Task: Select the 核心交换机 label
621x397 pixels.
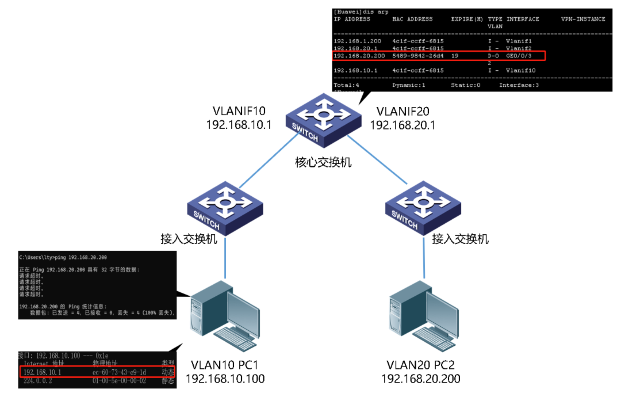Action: click(x=323, y=163)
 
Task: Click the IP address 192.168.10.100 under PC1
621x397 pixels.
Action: click(x=225, y=379)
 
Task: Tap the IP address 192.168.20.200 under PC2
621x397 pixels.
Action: click(x=421, y=379)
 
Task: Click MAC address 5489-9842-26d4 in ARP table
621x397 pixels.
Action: click(x=418, y=56)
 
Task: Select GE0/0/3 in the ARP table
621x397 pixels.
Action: click(x=519, y=56)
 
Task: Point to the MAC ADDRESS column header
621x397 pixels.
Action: click(x=412, y=19)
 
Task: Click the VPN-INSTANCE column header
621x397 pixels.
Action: click(x=583, y=19)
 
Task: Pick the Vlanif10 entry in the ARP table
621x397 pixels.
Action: click(x=520, y=70)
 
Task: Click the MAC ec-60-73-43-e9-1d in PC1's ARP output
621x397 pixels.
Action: click(x=119, y=372)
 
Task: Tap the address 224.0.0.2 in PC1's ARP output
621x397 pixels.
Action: click(x=38, y=380)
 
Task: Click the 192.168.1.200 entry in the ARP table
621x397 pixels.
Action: click(x=357, y=41)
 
